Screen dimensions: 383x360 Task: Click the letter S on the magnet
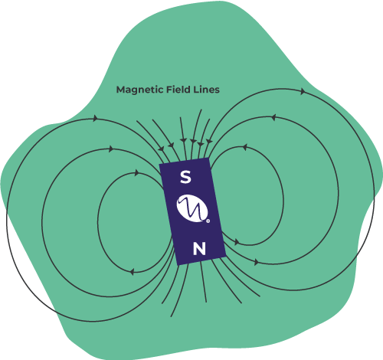185,177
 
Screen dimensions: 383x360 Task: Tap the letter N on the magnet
199,249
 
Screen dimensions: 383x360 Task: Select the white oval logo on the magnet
192,208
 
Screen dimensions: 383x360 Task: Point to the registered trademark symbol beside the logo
208,221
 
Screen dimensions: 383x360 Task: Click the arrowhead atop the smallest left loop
137,173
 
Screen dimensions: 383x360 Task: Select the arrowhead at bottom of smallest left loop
132,272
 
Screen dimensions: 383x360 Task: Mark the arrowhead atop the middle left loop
111,149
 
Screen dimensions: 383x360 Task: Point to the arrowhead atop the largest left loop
96,118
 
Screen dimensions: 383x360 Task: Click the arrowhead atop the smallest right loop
244,147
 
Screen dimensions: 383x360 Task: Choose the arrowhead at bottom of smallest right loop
237,242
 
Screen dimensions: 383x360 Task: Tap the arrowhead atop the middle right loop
273,118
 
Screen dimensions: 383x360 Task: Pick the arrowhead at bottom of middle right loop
257,262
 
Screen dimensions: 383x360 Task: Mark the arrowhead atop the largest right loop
303,91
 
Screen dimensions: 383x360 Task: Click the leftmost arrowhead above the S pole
161,149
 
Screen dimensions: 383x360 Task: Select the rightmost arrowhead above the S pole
209,141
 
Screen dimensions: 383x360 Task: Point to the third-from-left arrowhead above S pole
183,140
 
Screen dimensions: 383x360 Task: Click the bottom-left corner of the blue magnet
178,265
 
